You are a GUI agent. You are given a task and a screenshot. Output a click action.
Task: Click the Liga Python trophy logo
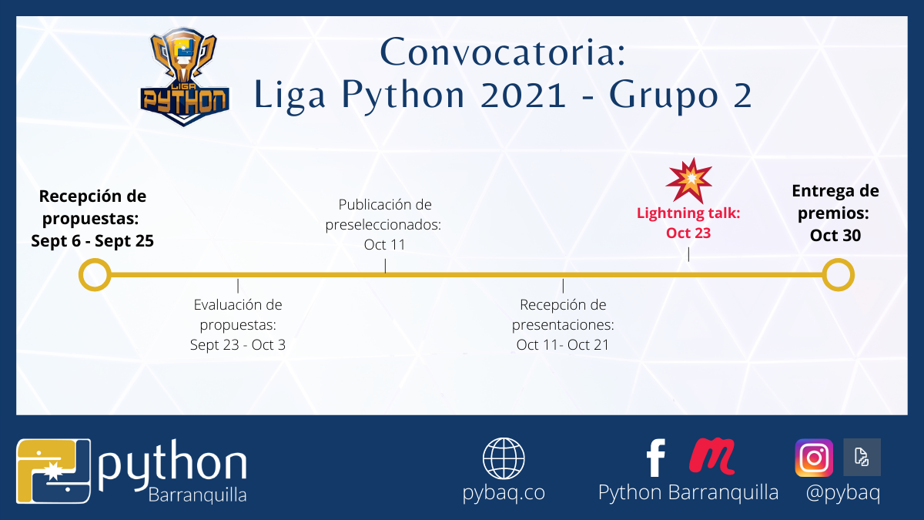pyautogui.click(x=185, y=77)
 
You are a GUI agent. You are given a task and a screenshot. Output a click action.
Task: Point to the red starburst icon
pyautogui.click(x=689, y=181)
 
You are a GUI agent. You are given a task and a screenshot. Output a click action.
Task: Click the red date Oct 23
pyautogui.click(x=688, y=233)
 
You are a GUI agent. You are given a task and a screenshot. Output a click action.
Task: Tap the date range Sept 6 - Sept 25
pyautogui.click(x=92, y=241)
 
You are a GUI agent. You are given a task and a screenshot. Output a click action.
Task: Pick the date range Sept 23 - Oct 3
pyautogui.click(x=238, y=344)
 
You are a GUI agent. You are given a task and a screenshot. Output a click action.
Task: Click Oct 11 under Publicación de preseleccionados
pyautogui.click(x=384, y=244)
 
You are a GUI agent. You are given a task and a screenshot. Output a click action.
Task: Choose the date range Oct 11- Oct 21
pyautogui.click(x=563, y=344)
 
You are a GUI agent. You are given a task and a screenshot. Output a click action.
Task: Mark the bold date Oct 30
pyautogui.click(x=835, y=235)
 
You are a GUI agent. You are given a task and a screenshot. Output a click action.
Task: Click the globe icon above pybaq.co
pyautogui.click(x=504, y=458)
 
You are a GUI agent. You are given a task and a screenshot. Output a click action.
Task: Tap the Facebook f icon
pyautogui.click(x=656, y=458)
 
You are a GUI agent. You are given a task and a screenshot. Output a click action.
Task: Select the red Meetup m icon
pyautogui.click(x=711, y=455)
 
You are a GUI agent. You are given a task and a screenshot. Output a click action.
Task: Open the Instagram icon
pyautogui.click(x=814, y=458)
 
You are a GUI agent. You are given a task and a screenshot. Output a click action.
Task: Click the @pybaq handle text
pyautogui.click(x=842, y=493)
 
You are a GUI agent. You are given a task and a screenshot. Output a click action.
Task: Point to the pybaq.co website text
pyautogui.click(x=504, y=493)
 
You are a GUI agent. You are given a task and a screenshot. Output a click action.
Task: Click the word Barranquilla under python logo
pyautogui.click(x=197, y=495)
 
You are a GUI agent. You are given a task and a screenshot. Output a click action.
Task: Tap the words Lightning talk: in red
pyautogui.click(x=688, y=213)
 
